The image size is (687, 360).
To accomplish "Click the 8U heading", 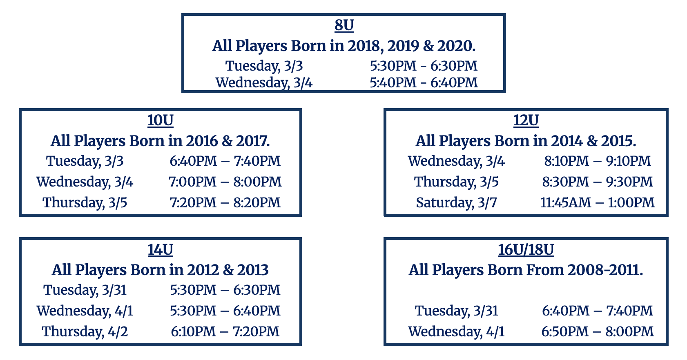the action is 344,25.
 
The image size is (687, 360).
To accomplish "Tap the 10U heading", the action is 161,120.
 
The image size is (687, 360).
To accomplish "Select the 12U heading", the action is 526,120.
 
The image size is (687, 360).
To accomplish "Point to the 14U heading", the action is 161,249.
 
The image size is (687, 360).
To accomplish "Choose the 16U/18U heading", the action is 526,249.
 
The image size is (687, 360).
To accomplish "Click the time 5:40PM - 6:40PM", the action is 424,83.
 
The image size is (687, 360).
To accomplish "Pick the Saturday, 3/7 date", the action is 456,202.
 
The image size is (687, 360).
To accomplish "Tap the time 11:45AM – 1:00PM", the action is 598,202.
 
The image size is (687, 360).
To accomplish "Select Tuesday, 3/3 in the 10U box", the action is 85,161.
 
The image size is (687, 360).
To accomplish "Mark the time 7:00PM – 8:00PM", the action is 225,182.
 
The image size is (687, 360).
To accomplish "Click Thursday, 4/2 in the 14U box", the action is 85,331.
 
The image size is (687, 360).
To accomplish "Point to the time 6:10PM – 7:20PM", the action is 225,331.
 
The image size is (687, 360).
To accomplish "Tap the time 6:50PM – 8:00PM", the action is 598,331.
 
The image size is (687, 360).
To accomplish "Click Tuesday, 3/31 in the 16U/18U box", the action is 456,311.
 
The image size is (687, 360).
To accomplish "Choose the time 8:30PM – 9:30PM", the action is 598,182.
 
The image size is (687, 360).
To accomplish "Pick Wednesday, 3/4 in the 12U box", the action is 456,161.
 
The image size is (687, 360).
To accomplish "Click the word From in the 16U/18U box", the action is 545,270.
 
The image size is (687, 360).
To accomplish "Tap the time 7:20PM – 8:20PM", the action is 225,202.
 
